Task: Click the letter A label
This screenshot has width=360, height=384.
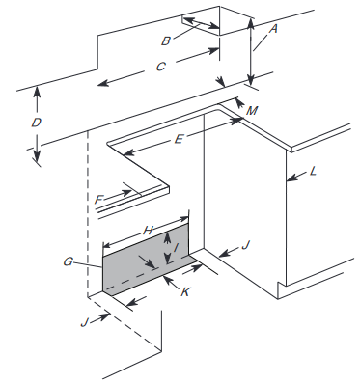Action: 273,30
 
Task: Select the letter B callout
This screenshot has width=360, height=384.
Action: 166,41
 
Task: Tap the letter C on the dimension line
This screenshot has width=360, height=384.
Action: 161,67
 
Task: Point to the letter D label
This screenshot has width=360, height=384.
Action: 37,123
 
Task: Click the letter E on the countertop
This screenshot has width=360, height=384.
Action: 179,140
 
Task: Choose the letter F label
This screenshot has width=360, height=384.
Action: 98,200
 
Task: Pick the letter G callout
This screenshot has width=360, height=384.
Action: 68,262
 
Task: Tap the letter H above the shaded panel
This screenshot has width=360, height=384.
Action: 148,231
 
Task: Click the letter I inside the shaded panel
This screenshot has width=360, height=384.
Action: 176,248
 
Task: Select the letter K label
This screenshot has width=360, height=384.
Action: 185,292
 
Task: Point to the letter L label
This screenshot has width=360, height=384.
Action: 313,171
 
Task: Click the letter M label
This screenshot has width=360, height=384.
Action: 252,111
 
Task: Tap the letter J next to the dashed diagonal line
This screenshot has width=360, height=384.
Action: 84,322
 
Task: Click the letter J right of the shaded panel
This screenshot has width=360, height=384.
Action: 245,246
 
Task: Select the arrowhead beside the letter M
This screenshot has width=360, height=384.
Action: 239,103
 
